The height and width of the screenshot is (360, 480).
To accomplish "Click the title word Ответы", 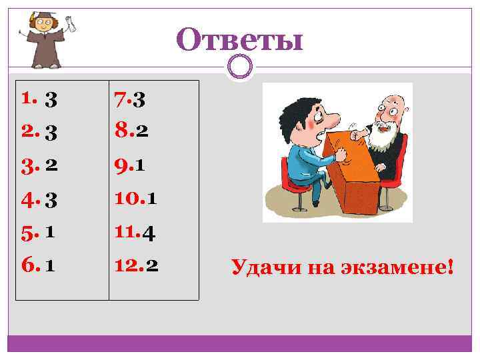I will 240,40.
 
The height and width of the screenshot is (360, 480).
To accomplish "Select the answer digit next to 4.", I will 51,199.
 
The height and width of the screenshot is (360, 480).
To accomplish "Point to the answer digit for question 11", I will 149,234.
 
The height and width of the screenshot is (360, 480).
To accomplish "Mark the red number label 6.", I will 29,265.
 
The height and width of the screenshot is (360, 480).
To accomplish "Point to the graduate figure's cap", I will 40,17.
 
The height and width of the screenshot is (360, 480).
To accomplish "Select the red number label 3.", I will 29,166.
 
